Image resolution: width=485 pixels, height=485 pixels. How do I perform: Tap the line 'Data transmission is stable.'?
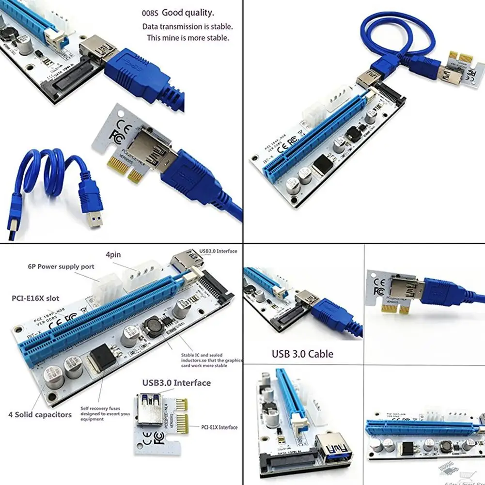187,27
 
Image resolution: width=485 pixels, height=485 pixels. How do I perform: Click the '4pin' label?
114,253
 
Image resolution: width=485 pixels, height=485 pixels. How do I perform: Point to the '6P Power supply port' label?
61,266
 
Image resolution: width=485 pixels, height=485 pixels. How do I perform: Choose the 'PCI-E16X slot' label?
36,298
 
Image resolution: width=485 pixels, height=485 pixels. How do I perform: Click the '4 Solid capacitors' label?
40,414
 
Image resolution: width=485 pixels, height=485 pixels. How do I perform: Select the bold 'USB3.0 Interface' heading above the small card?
176,383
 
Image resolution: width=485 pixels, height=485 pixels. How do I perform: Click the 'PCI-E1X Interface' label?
219,427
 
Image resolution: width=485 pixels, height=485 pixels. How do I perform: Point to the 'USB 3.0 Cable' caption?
302,354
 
